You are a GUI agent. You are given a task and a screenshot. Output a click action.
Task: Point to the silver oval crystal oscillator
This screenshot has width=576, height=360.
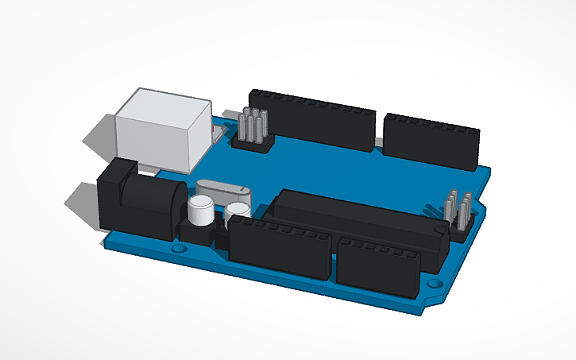pos(222,191)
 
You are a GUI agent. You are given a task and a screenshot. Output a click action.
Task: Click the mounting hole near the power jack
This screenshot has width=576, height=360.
pos(178,248)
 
